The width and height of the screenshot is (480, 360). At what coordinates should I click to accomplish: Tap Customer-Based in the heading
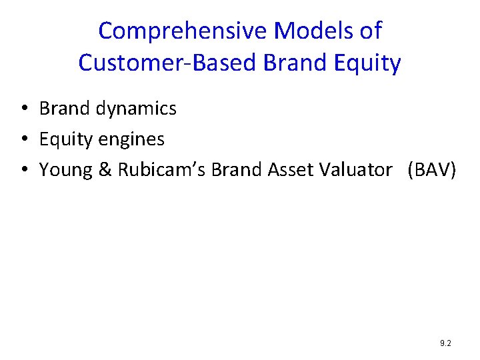click(x=167, y=63)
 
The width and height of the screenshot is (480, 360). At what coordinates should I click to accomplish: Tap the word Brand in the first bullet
click(x=65, y=109)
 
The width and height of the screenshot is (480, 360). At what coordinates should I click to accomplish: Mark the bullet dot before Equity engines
click(x=23, y=140)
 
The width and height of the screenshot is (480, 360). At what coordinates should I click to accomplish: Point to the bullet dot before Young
click(x=23, y=171)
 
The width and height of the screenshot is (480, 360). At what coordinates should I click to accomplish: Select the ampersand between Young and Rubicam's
click(x=105, y=171)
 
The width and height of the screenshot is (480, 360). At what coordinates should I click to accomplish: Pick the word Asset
click(x=293, y=170)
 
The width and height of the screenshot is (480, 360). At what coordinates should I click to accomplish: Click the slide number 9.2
click(x=445, y=343)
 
